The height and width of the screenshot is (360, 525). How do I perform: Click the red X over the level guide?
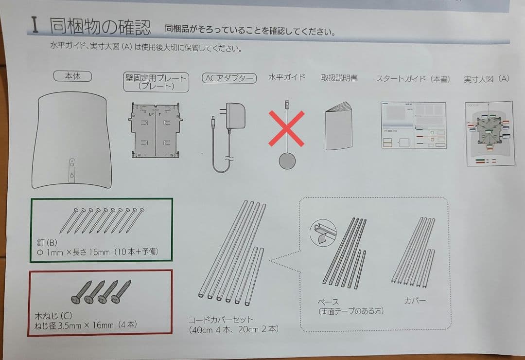pos(287,128)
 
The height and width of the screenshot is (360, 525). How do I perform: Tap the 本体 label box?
pos(72,76)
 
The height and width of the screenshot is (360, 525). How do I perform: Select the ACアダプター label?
pos(229,78)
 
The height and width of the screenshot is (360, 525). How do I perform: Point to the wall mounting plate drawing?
pos(155,130)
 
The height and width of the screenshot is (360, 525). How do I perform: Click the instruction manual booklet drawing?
pos(338,126)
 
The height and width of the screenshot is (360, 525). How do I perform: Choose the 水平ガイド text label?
pos(287,77)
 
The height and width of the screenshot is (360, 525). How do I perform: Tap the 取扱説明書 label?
pos(339,77)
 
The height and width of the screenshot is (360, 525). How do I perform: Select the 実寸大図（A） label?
pos(486,79)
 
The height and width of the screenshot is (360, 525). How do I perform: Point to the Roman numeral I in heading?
pos(35,25)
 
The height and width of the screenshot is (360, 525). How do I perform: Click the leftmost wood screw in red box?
pos(80,291)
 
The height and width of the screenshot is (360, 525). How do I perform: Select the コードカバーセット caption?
pos(221,320)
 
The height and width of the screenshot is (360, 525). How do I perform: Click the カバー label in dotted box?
pos(414,301)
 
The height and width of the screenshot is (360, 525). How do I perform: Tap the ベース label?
pos(328,303)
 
